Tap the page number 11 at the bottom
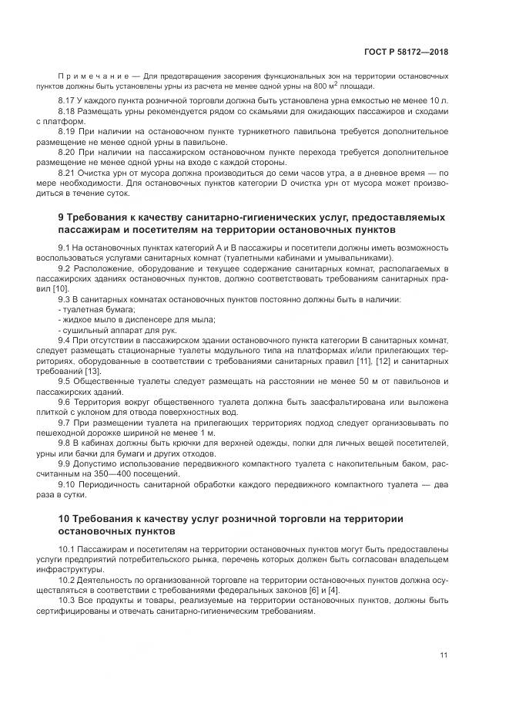(x=444, y=655)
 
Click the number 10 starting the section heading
(x=64, y=518)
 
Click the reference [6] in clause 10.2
(x=308, y=588)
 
